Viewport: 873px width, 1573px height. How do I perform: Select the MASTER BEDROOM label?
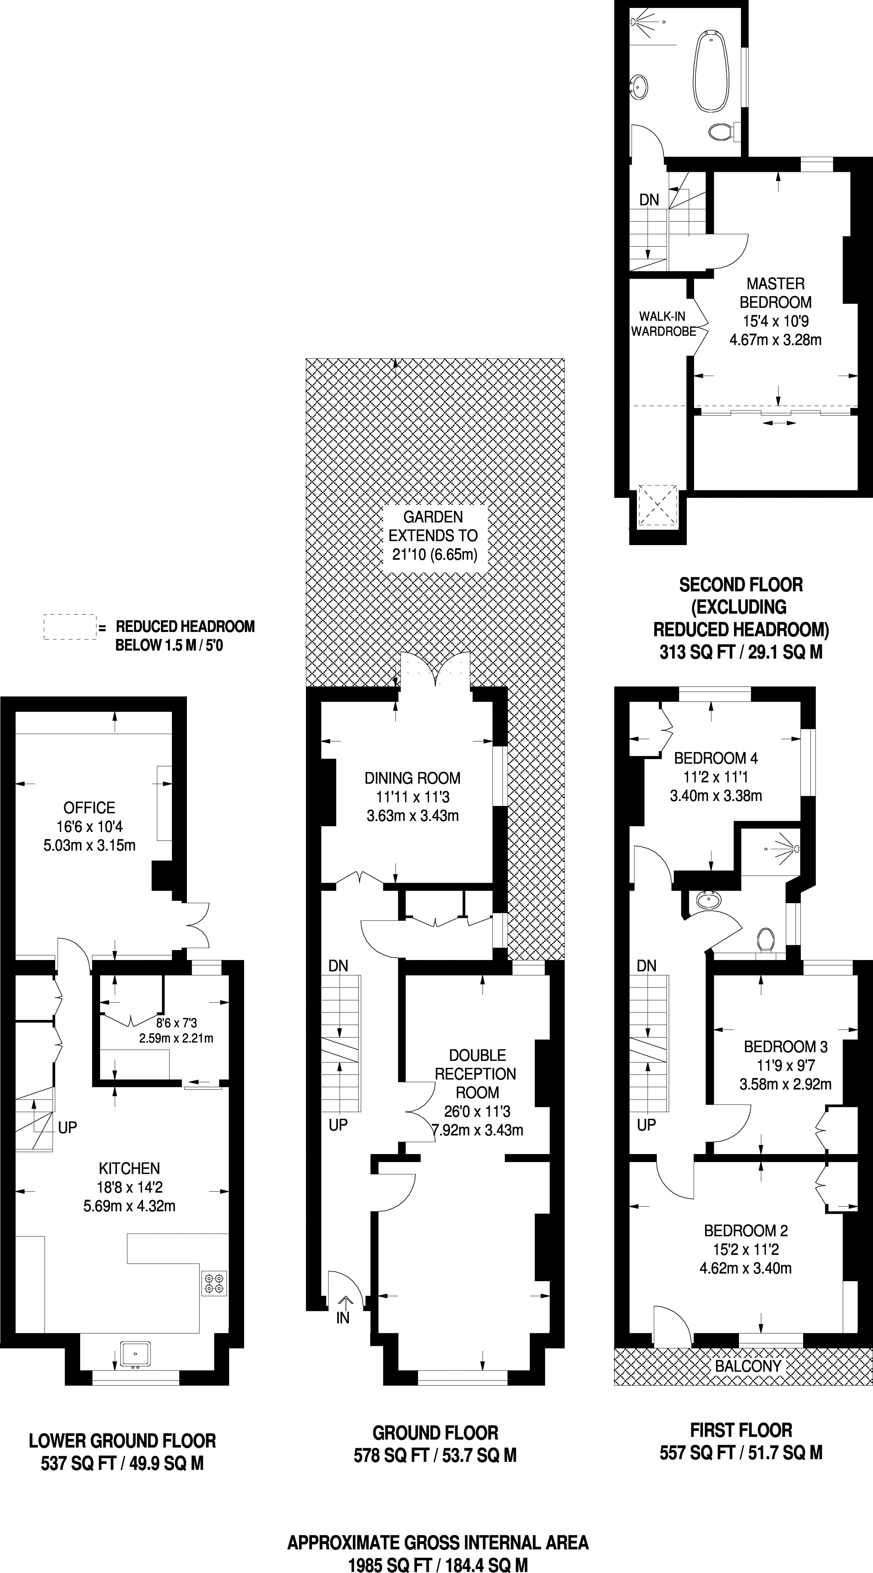pos(775,293)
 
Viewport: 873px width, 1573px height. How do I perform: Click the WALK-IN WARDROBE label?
pos(663,324)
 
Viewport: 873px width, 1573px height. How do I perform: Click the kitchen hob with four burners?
pos(214,1282)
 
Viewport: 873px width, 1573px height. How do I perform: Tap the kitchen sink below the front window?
pos(134,1354)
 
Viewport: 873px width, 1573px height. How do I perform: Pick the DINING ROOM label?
pos(413,777)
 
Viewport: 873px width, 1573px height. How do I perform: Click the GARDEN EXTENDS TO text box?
pos(433,536)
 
